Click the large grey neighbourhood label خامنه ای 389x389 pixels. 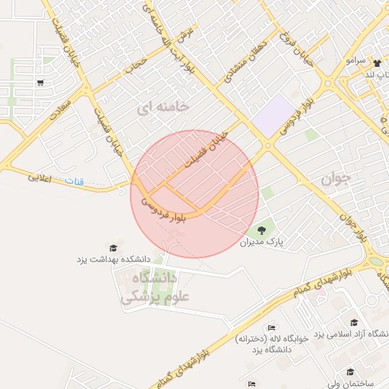click(x=161, y=108)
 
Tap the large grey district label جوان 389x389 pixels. click(x=335, y=180)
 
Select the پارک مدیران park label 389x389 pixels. click(x=261, y=242)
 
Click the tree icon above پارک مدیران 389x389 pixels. click(x=261, y=229)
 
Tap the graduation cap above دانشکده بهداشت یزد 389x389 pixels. click(x=113, y=248)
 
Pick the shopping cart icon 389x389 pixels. click(x=40, y=83)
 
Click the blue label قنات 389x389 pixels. click(x=74, y=181)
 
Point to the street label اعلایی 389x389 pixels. click(x=43, y=178)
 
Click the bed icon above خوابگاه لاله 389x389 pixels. click(x=272, y=327)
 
